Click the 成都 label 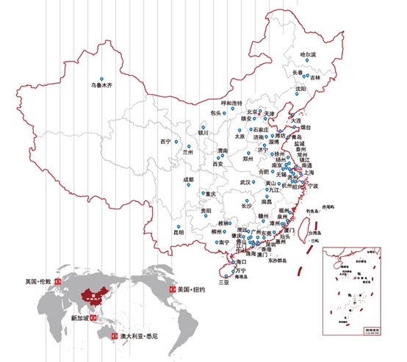tap(188, 179)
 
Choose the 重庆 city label tap(212, 195)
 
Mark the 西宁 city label tap(165, 141)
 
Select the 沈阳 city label tap(300, 90)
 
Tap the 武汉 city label tap(246, 182)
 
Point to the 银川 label tap(203, 134)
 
